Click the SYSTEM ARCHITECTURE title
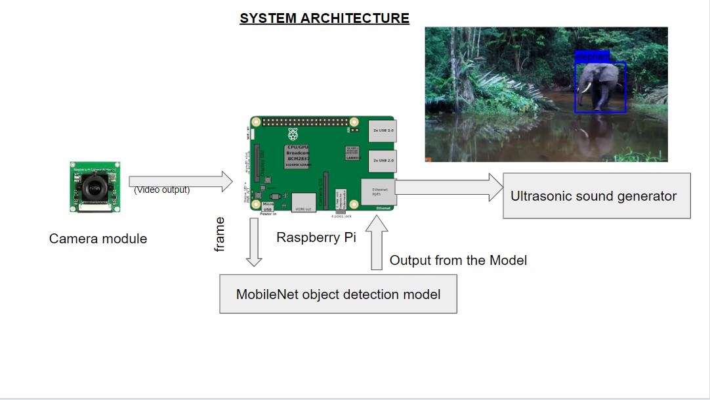pyautogui.click(x=324, y=18)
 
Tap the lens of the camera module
pyautogui.click(x=95, y=188)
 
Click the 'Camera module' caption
pyautogui.click(x=98, y=239)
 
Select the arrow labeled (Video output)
pyautogui.click(x=180, y=182)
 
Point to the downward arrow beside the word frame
pyautogui.click(x=254, y=242)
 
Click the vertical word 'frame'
pyautogui.click(x=220, y=234)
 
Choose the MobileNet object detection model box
pyautogui.click(x=338, y=294)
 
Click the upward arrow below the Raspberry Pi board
pyautogui.click(x=377, y=243)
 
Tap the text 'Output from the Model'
pyautogui.click(x=458, y=260)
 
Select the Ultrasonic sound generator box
pyautogui.click(x=596, y=196)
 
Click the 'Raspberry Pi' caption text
pyautogui.click(x=316, y=237)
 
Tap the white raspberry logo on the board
pyautogui.click(x=291, y=134)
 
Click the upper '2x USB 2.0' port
pyautogui.click(x=382, y=131)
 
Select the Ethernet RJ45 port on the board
pyautogui.click(x=378, y=191)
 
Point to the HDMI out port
pyautogui.click(x=304, y=201)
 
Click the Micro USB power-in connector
pyautogui.click(x=268, y=205)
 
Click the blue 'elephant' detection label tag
pyautogui.click(x=592, y=57)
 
